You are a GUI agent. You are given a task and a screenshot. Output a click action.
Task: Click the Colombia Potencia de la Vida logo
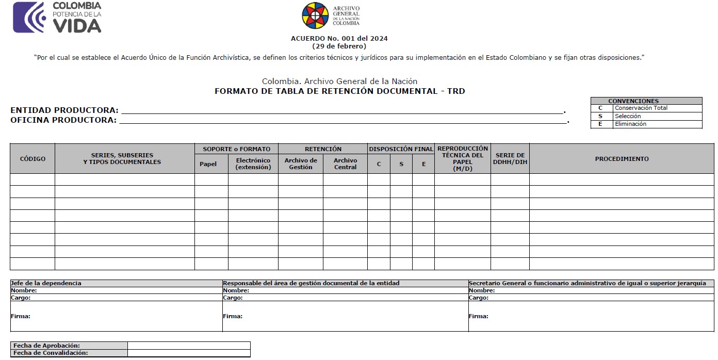click(x=57, y=17)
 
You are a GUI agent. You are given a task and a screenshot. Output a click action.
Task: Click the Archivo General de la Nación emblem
click(x=315, y=15)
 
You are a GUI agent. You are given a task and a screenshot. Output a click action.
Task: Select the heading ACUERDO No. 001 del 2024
click(x=339, y=38)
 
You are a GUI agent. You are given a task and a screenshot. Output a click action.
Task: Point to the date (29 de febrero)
click(x=339, y=46)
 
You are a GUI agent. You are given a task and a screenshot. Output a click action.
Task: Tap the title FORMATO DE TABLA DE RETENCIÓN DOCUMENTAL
click(x=339, y=91)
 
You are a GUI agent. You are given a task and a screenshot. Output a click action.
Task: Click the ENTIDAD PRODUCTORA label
click(x=64, y=110)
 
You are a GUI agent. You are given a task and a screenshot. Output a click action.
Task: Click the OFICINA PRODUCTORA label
click(x=63, y=120)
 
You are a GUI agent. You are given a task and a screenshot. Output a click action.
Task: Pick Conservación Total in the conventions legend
click(x=641, y=108)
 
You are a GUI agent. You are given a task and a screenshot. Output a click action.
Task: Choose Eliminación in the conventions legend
click(x=630, y=124)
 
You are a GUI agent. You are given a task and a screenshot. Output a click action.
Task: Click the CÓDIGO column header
click(x=32, y=159)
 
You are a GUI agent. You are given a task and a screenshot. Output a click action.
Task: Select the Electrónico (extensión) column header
click(x=253, y=164)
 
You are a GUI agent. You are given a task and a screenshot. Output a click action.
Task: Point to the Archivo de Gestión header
click(x=301, y=164)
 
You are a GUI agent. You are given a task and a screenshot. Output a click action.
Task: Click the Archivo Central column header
click(x=345, y=164)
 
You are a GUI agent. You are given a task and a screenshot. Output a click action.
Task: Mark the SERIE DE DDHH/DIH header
click(x=510, y=159)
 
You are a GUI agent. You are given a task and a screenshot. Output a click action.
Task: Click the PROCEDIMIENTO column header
click(x=622, y=159)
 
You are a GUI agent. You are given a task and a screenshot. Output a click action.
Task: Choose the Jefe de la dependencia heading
click(x=46, y=283)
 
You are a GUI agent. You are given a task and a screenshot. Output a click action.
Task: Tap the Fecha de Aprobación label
click(x=46, y=346)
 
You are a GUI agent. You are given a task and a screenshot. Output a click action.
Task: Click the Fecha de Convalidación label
click(x=50, y=353)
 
